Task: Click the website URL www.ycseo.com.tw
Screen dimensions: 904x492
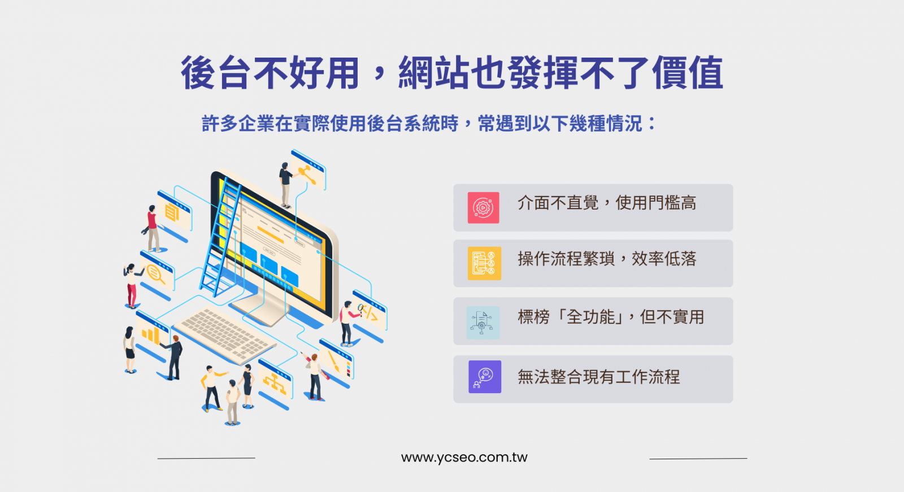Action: click(x=464, y=458)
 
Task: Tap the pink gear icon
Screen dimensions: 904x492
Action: click(x=483, y=207)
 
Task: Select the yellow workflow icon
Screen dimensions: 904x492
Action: click(x=484, y=263)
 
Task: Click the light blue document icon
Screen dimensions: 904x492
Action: click(x=483, y=322)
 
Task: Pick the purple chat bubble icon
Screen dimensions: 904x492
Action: click(x=485, y=377)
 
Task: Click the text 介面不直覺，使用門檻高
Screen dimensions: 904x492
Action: click(x=607, y=203)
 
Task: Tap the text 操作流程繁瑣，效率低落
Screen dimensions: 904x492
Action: click(x=607, y=259)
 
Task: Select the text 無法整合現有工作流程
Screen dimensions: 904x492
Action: click(x=598, y=377)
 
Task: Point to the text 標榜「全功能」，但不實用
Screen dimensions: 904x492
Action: click(x=611, y=317)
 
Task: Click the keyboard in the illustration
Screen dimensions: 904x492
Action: click(x=225, y=334)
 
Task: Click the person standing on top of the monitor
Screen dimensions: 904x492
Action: click(x=286, y=185)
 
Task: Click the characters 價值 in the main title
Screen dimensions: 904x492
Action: click(x=687, y=73)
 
